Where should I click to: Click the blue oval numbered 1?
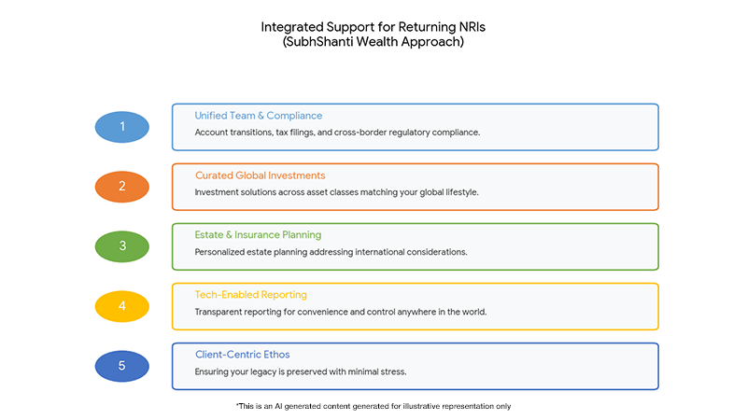click(122, 127)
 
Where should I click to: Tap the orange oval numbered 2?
click(122, 186)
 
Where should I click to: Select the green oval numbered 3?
click(122, 246)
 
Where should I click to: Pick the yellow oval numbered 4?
click(122, 306)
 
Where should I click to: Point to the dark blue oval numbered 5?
click(122, 366)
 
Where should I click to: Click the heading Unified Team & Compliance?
click(259, 116)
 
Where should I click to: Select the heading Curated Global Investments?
click(261, 175)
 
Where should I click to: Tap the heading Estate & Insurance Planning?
click(258, 235)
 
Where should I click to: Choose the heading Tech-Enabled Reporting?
click(250, 295)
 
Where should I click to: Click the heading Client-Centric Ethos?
click(243, 355)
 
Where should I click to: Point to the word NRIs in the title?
click(472, 27)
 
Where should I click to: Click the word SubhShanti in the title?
click(319, 42)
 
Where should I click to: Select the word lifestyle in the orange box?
click(461, 192)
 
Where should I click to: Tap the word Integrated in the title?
click(292, 27)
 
